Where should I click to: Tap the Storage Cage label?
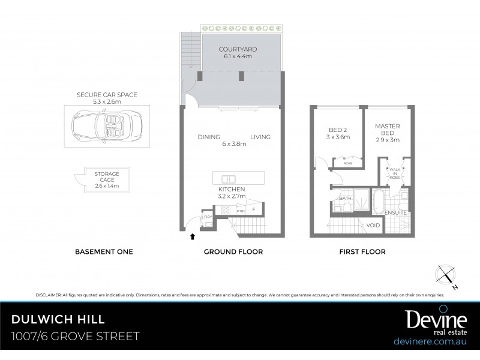pyautogui.click(x=107, y=180)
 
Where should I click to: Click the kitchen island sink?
pyautogui.click(x=227, y=179)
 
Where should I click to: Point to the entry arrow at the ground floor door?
pyautogui.click(x=192, y=236)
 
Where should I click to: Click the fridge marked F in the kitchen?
pyautogui.click(x=254, y=209)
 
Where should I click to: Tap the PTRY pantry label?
pyautogui.click(x=241, y=211)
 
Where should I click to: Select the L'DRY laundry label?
pyautogui.click(x=206, y=216)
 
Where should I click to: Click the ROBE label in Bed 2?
pyautogui.click(x=347, y=163)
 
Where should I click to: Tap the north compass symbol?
pyautogui.click(x=447, y=276)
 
